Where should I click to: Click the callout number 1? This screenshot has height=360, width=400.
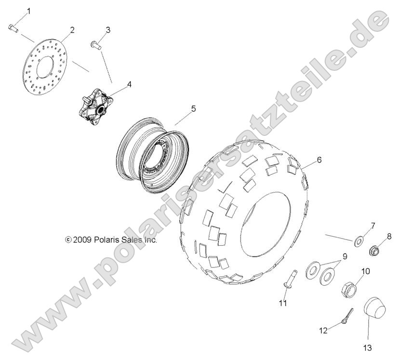28,11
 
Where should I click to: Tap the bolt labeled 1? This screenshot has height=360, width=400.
13,28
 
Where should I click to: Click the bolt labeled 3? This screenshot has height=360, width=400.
94,46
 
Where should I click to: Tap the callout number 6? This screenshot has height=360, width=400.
319,159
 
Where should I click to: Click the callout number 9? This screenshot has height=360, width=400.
345,256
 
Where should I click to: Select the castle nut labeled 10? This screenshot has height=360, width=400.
349,289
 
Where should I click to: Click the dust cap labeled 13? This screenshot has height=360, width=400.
372,309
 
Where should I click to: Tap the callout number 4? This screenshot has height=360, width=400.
129,84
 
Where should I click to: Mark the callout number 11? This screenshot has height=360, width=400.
282,303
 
